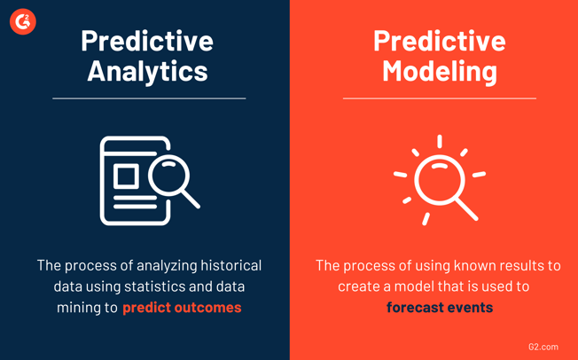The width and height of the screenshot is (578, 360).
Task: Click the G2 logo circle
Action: (23, 22)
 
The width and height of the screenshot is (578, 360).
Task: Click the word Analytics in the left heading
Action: (147, 71)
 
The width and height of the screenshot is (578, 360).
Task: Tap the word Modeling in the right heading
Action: (440, 71)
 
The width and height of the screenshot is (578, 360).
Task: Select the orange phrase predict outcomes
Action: (182, 308)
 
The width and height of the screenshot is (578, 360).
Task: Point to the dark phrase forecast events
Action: (440, 308)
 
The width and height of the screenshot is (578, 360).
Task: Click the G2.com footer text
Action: (543, 347)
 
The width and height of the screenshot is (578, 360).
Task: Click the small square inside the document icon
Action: (127, 176)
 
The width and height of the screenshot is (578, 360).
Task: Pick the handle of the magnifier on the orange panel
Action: (466, 209)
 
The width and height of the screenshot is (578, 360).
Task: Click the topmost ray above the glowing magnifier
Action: (440, 142)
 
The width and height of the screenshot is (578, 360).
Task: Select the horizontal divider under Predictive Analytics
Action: (149, 98)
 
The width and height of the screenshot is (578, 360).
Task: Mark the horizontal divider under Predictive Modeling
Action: (440, 98)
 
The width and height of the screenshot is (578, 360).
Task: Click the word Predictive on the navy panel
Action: (147, 41)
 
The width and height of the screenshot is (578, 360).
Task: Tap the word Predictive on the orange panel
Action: (440, 41)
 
